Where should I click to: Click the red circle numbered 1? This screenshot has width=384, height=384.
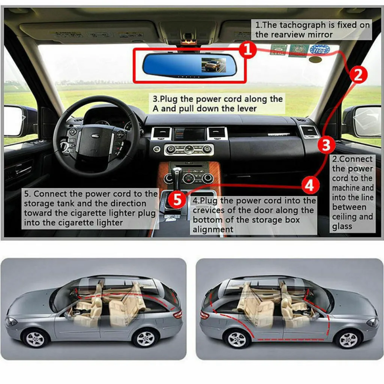(248, 50)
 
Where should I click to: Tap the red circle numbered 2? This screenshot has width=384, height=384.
(358, 75)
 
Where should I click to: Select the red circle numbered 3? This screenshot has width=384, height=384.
(326, 144)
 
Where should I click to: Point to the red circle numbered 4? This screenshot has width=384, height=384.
(309, 185)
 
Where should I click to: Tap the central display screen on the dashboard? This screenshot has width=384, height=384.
(190, 134)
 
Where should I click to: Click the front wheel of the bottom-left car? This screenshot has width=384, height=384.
(35, 338)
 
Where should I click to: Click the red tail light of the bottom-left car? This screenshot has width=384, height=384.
(177, 314)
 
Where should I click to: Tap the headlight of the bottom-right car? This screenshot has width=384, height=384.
(373, 322)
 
